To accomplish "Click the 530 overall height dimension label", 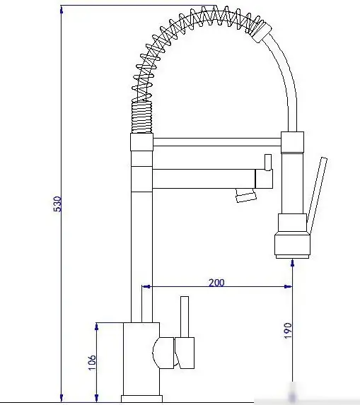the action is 57,204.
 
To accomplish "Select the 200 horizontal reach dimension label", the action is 216,283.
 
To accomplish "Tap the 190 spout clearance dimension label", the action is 288,330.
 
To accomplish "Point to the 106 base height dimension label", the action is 92,362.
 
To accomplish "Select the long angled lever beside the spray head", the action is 317,196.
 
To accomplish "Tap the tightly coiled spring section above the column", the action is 141,117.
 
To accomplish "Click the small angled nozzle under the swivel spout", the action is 245,195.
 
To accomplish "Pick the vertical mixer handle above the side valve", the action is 185,317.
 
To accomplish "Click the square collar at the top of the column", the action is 141,142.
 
